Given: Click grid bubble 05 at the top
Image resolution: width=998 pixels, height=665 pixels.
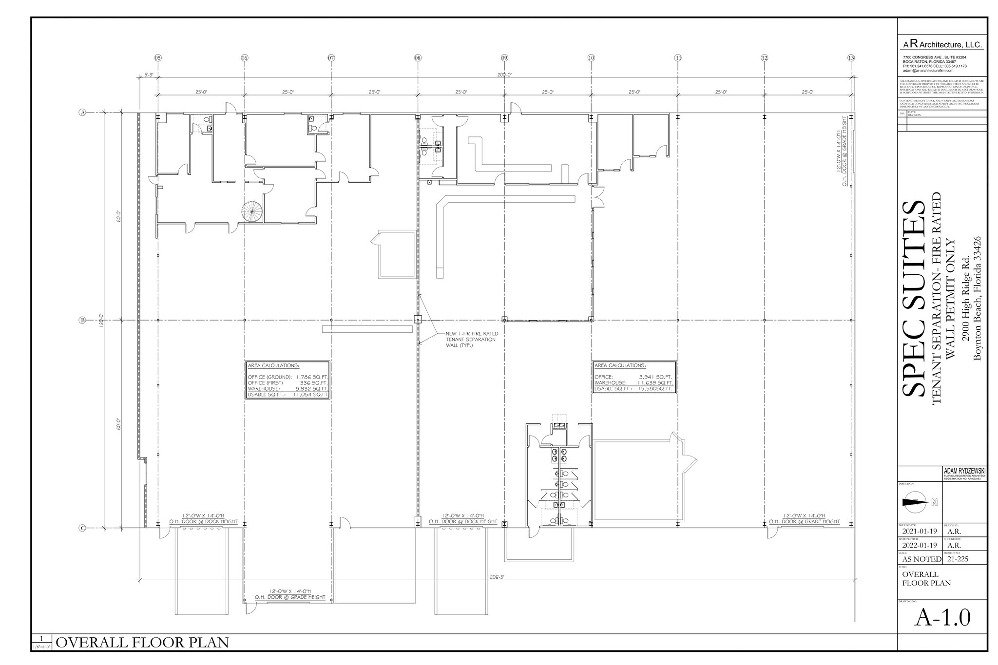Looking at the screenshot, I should point(158,58).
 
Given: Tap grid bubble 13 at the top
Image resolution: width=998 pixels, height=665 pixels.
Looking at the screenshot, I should point(851,58).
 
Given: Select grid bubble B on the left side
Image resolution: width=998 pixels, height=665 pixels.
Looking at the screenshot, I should point(82,320).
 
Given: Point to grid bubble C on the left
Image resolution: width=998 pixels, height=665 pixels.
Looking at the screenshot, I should point(82,528).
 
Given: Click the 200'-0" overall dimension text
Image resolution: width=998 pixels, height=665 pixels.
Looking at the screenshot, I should point(504,75).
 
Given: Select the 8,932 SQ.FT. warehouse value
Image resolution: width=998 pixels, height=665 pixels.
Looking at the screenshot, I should point(312,389).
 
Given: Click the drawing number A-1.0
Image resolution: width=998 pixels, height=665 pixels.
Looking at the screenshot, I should point(942,631).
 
